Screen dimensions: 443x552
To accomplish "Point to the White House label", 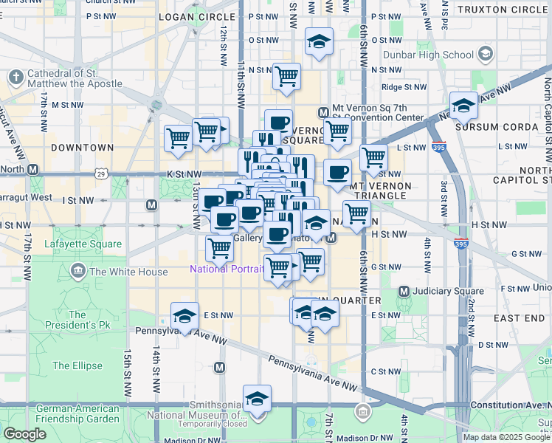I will [128, 272].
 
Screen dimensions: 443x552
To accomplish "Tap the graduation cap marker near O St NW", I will [319, 42].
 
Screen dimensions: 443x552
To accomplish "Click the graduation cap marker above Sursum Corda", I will [463, 105].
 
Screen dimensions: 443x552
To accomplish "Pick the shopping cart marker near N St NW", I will [286, 76].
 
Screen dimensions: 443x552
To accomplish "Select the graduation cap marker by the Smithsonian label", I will [257, 399].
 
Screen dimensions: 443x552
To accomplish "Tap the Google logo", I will [25, 434].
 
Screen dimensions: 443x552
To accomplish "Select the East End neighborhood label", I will [519, 317].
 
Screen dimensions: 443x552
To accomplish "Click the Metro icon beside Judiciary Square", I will [404, 291].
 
